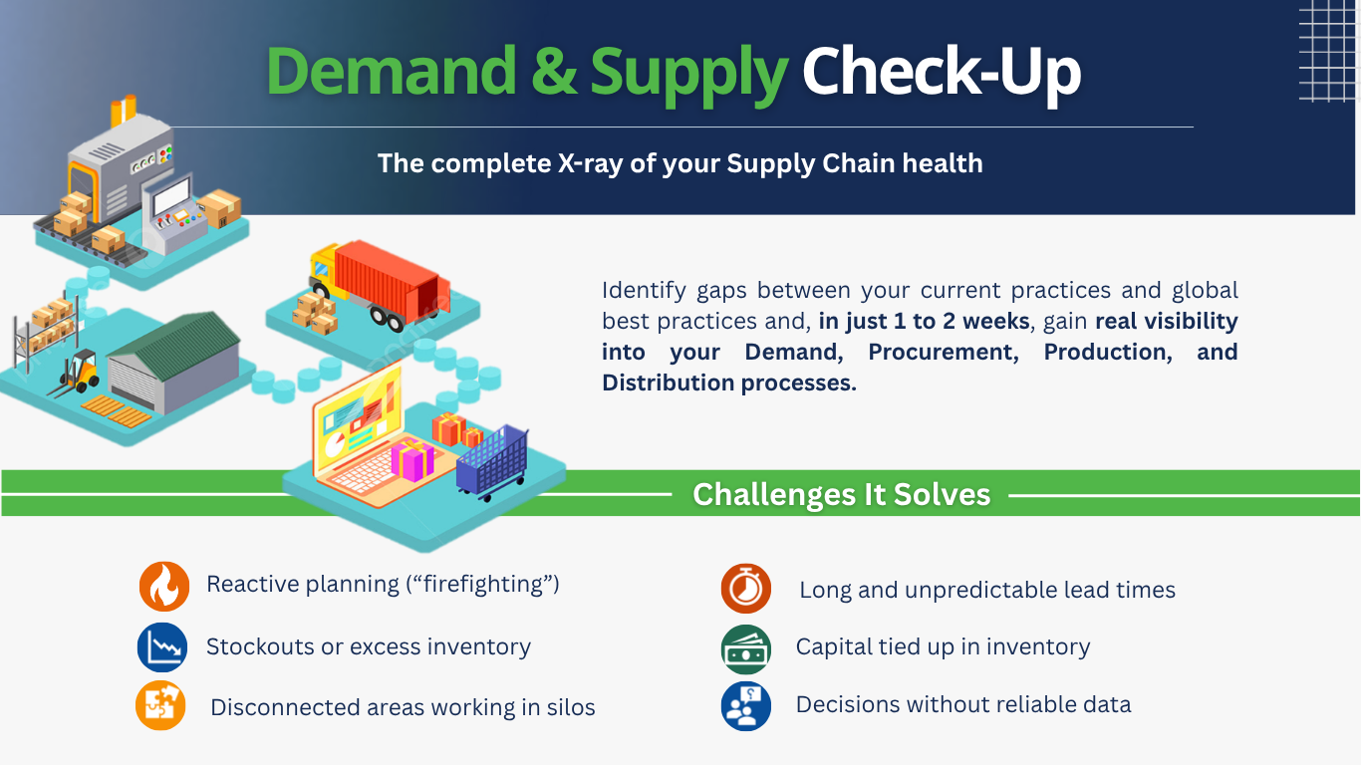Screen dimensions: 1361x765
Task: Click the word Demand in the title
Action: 391,71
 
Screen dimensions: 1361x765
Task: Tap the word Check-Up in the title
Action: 942,74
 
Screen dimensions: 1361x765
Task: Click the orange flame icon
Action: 164,587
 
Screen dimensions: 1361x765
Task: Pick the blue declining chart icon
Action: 162,647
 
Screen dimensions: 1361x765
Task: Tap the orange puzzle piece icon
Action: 160,705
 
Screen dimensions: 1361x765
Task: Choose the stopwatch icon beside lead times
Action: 746,588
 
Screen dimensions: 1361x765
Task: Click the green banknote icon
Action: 746,649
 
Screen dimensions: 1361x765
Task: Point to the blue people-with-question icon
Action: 746,706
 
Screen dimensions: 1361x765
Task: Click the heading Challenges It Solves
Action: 842,495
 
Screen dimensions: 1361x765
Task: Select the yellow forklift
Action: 78,374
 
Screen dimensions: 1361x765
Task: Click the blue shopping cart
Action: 493,462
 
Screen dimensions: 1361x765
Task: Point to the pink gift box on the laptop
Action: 412,459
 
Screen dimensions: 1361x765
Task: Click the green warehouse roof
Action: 176,344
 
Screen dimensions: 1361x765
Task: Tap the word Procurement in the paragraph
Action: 943,352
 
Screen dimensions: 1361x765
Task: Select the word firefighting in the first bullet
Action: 483,584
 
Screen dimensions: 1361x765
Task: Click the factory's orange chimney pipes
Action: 124,111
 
